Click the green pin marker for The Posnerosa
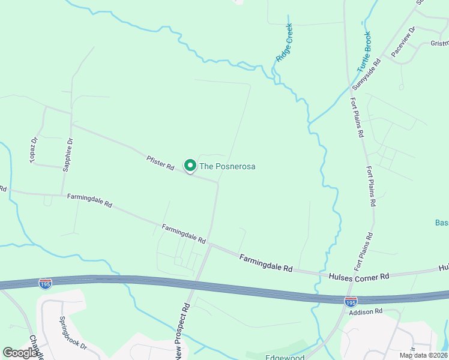(x=190, y=165)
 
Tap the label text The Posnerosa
(x=228, y=166)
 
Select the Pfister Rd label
(x=160, y=163)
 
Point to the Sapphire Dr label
(x=68, y=155)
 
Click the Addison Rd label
(x=366, y=311)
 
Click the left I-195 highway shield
(x=45, y=283)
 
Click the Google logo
(x=20, y=353)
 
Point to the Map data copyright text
(x=424, y=355)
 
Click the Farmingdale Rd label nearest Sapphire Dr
(x=89, y=200)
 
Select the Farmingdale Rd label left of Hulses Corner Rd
(x=265, y=263)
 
